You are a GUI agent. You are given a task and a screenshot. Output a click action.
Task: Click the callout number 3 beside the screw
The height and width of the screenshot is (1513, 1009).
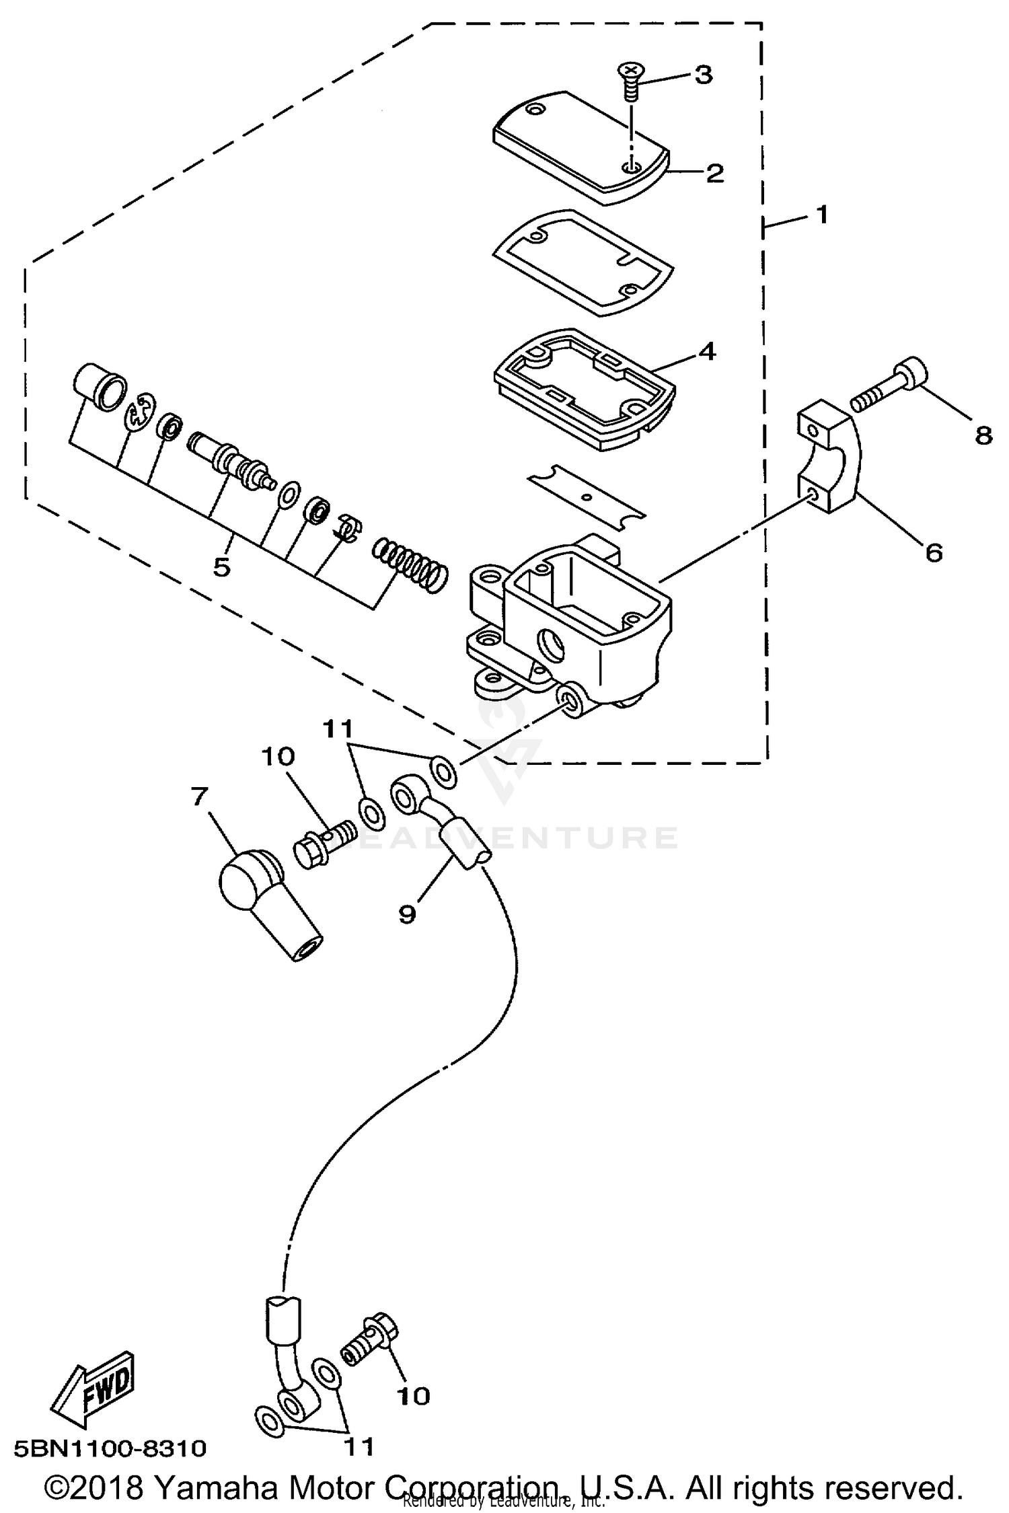703,75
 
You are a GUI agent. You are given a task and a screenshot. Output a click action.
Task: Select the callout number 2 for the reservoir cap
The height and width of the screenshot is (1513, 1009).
714,173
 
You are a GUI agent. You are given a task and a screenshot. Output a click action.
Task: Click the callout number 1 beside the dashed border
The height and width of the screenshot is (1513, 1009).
821,215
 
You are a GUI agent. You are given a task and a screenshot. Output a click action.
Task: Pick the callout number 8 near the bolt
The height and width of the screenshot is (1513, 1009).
983,436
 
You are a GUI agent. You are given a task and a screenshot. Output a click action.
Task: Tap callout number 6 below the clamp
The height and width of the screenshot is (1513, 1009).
934,552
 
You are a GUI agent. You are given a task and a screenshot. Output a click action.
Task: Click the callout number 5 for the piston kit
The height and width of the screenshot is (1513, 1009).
222,566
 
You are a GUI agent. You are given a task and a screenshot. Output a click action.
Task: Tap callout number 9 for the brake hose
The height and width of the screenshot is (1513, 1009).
408,914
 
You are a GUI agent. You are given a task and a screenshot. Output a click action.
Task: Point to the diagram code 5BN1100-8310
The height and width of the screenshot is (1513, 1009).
110,1447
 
